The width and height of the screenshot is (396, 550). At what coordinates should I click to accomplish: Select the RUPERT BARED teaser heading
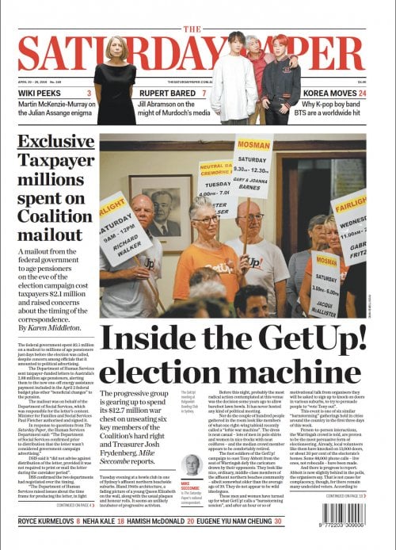click(166, 94)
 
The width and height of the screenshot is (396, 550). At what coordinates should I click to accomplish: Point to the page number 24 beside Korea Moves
click(362, 94)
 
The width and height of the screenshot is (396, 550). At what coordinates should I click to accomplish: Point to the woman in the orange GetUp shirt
click(204, 250)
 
